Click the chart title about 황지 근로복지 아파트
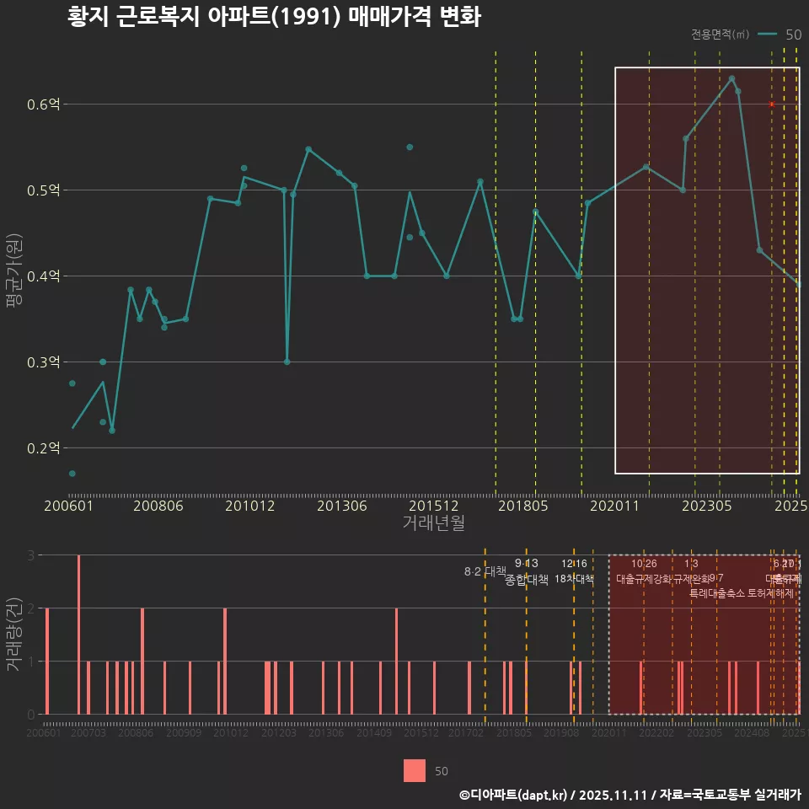point(274,17)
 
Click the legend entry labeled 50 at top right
point(792,35)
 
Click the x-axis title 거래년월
point(433,523)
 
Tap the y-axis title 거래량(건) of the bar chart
point(13,635)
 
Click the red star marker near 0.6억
point(771,104)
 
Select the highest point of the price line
point(731,78)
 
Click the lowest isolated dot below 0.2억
point(72,474)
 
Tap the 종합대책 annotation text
point(527,580)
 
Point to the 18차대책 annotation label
point(574,579)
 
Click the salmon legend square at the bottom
point(415,770)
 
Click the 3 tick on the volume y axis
point(30,555)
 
